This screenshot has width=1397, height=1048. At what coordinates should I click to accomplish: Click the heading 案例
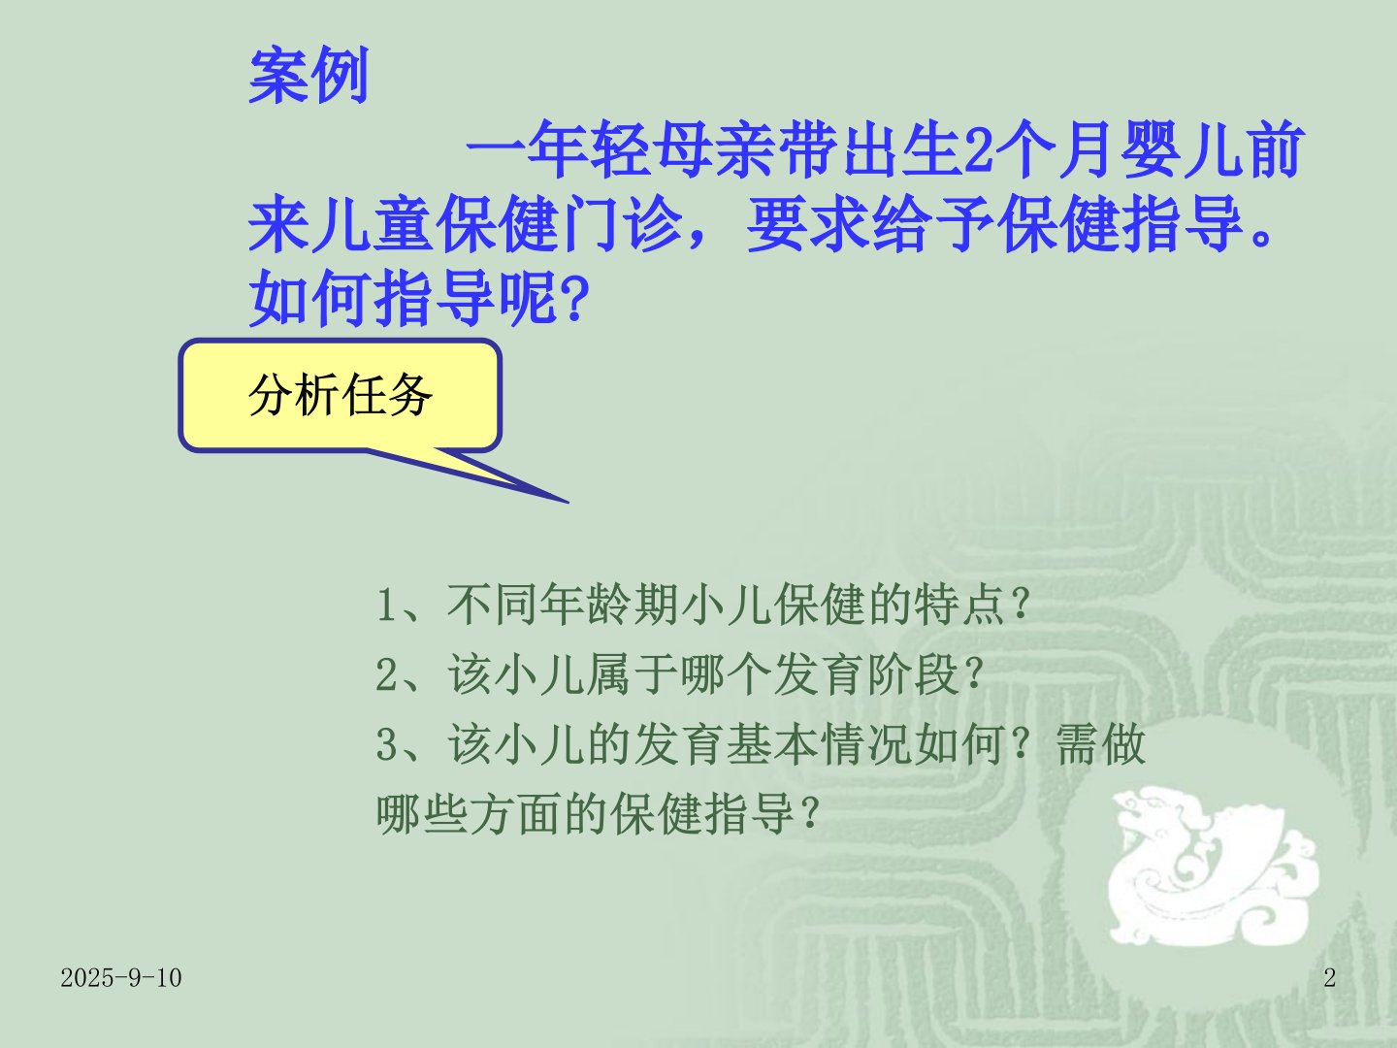(x=309, y=75)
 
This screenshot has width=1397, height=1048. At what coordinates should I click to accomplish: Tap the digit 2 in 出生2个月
(x=978, y=150)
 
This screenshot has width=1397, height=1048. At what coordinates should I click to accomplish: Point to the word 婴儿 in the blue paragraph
(x=1183, y=150)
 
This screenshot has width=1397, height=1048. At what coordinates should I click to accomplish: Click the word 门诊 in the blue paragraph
(x=621, y=224)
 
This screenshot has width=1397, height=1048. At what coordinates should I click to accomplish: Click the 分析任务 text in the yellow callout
(x=341, y=395)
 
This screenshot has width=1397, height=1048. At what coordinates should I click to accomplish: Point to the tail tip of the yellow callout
(x=569, y=503)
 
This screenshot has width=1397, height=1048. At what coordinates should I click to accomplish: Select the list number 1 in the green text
(x=386, y=605)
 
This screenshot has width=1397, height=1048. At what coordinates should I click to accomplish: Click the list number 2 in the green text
(x=386, y=674)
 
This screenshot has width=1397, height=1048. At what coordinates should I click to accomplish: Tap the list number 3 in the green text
(x=386, y=744)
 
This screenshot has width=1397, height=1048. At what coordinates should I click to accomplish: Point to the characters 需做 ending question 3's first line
(x=1100, y=744)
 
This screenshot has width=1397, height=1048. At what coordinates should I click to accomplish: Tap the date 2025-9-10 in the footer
(x=121, y=978)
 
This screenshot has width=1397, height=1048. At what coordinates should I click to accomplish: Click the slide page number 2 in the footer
(x=1329, y=977)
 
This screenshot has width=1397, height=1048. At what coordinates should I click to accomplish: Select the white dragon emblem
(x=1213, y=866)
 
